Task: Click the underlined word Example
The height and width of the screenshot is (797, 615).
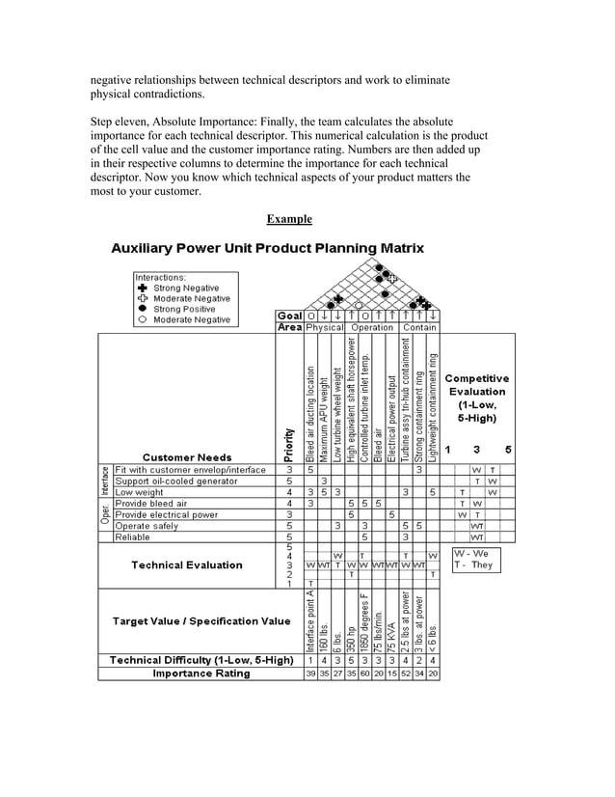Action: point(289,219)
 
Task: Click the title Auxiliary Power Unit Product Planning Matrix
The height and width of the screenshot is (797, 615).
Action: point(267,248)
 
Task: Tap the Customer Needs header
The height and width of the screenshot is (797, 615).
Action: point(187,456)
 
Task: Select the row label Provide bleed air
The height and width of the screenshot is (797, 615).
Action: point(150,503)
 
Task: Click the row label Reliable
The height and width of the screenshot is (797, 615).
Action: point(133,536)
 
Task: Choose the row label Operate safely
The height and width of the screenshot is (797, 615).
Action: point(147,526)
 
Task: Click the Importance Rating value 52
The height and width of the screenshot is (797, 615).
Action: point(406,673)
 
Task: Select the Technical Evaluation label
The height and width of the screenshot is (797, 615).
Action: point(187,564)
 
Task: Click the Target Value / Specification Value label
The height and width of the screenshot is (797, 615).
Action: point(201,620)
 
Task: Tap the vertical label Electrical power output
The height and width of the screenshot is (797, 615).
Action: point(392,422)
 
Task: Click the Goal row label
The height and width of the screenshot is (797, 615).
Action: point(289,315)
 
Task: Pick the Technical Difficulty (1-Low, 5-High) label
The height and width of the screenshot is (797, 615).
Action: point(201,660)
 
